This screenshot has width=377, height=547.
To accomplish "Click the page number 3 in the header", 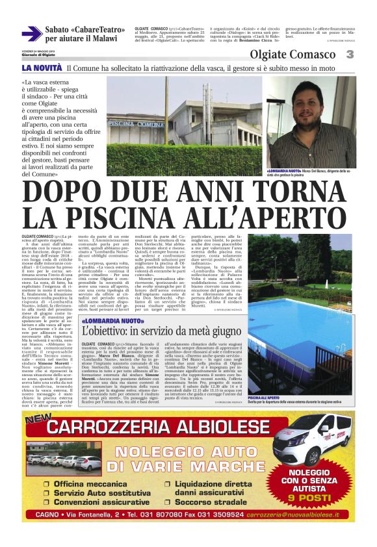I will point(350,55).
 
